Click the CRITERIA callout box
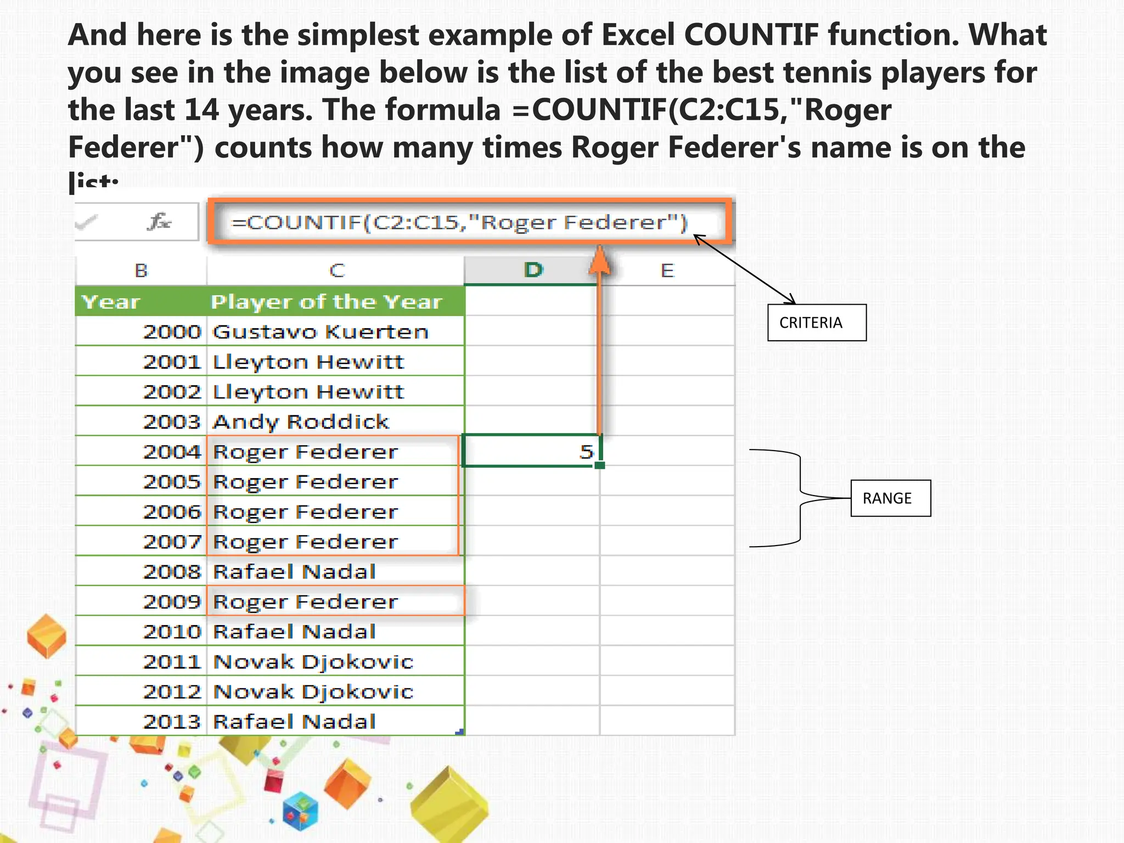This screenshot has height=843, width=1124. point(816,323)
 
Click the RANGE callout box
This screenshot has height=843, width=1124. point(890,498)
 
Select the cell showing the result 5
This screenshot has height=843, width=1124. point(531,451)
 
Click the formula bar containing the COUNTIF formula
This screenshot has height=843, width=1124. point(470,222)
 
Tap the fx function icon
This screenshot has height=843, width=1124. point(159,222)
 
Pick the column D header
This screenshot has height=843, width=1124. point(532,270)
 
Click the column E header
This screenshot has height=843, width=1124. point(667,271)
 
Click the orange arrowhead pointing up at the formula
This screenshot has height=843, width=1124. point(600,261)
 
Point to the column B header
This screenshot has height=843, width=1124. point(141,271)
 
